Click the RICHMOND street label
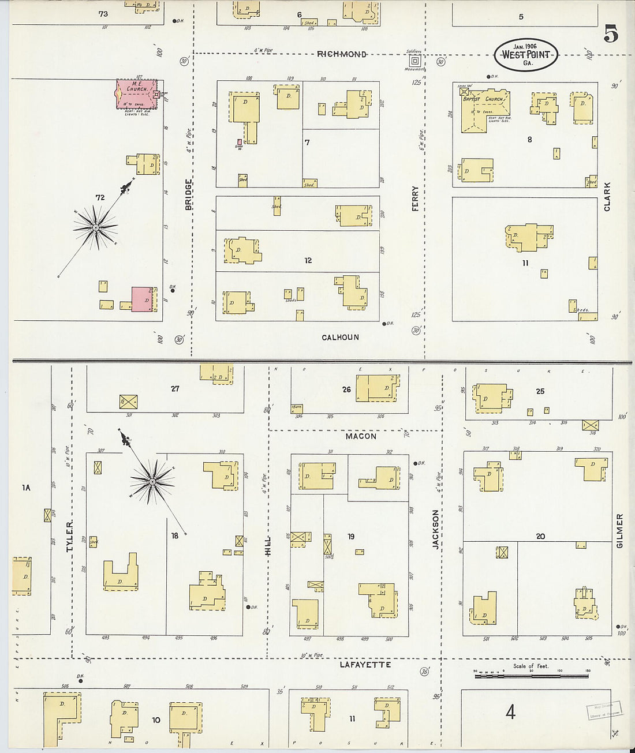point(342,54)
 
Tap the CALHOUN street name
point(340,338)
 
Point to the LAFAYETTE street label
point(365,665)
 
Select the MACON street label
point(361,436)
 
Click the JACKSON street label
point(436,528)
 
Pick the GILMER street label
point(620,530)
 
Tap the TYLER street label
point(70,536)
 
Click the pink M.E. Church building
point(136,94)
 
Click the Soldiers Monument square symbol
point(415,61)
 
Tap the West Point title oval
point(526,55)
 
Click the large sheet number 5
point(611,34)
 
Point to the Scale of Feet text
point(531,666)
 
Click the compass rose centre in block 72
point(95,228)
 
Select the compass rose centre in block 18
point(152,481)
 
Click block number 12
point(308,261)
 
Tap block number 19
point(351,537)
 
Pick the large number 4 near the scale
point(510,712)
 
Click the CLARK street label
point(607,196)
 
